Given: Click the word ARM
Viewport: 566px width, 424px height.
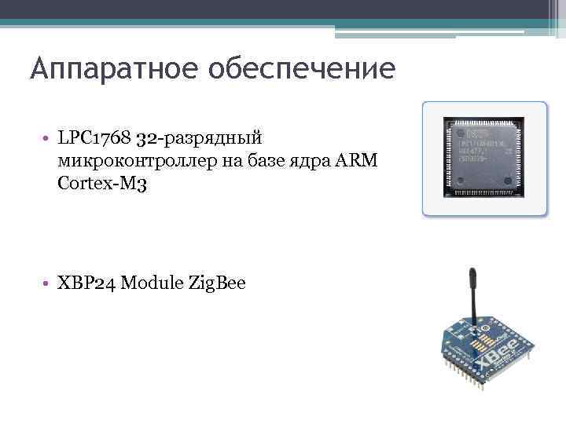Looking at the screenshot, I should pyautogui.click(x=359, y=162).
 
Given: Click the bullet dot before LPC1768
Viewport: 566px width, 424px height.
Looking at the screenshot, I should pyautogui.click(x=47, y=141).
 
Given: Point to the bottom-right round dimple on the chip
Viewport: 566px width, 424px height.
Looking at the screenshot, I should pyautogui.click(x=511, y=185).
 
